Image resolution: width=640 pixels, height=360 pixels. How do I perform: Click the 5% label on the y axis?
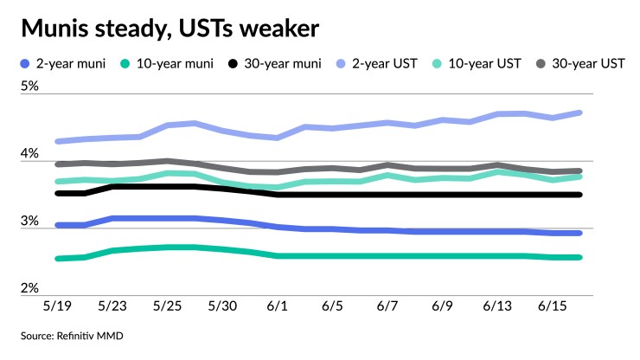click(x=30, y=87)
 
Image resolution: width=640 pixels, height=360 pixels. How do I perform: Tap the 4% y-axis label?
click(x=30, y=154)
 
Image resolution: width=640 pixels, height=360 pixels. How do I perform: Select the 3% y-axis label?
click(x=30, y=221)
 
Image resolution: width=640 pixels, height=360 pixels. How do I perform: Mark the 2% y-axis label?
click(x=30, y=287)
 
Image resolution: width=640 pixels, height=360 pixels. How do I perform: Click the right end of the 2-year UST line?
click(x=579, y=112)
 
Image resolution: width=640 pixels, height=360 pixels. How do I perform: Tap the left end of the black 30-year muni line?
click(x=58, y=193)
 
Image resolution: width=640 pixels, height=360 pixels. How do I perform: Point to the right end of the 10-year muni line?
click(x=579, y=257)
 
